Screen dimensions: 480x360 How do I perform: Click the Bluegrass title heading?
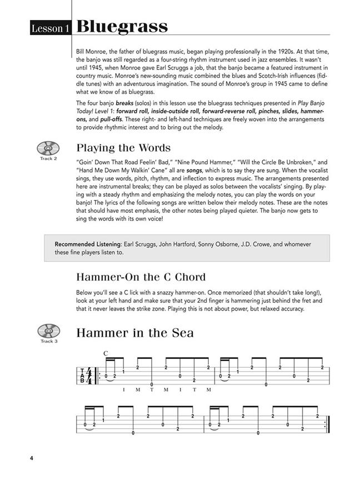(x=122, y=26)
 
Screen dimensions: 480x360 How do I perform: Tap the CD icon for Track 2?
(x=48, y=149)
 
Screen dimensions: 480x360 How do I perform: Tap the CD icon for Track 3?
(x=48, y=331)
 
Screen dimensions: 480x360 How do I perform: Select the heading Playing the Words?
(x=123, y=148)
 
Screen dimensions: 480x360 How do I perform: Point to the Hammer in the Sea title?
(x=135, y=333)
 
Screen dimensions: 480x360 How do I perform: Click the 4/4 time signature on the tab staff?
(x=89, y=376)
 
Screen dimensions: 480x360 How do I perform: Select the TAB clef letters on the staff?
(x=82, y=376)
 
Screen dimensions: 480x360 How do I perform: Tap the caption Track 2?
(x=48, y=159)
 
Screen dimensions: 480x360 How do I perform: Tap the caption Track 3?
(x=48, y=341)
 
